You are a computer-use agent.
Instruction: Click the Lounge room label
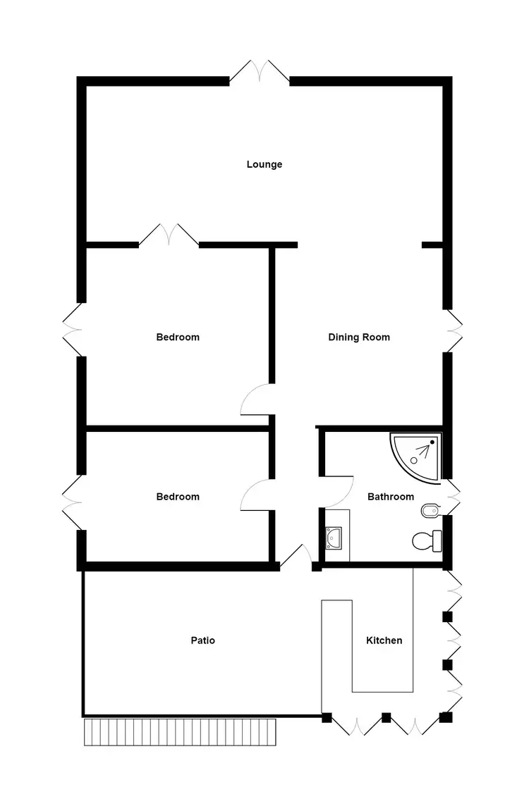(x=264, y=164)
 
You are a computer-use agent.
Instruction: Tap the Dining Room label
(x=359, y=337)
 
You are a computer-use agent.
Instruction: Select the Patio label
(x=203, y=640)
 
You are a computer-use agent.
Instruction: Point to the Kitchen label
(x=384, y=640)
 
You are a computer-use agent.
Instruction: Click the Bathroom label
(x=391, y=497)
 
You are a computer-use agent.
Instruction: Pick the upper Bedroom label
(x=178, y=337)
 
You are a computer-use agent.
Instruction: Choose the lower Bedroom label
(x=178, y=497)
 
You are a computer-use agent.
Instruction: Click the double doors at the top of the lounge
(x=260, y=73)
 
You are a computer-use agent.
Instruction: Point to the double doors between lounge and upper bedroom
(x=169, y=236)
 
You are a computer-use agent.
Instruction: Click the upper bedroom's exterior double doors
(x=73, y=330)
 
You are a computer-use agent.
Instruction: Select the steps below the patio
(x=180, y=732)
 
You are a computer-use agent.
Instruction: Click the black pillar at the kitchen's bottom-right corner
(x=446, y=718)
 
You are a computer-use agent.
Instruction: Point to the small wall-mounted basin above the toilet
(x=429, y=509)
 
